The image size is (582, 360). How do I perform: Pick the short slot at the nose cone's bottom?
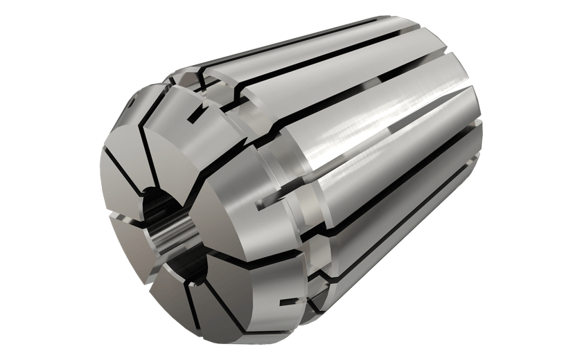tap(285, 303)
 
